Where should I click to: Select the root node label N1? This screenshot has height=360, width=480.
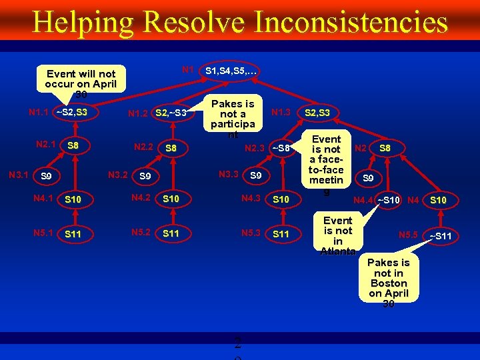coord(188,69)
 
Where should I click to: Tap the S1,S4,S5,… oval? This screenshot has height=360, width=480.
coord(231,70)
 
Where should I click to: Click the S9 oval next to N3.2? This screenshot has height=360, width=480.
coord(145,177)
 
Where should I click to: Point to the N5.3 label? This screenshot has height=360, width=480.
coord(251,233)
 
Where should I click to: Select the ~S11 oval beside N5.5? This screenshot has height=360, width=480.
coord(440,237)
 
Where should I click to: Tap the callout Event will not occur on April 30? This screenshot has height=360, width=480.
coord(81,83)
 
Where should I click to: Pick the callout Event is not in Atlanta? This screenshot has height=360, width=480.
coord(338,235)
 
